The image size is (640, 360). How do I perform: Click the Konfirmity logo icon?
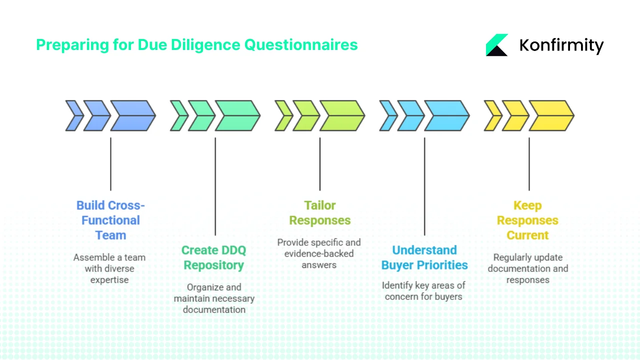496,45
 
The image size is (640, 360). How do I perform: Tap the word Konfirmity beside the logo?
561,45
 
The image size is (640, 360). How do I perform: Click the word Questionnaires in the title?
300,45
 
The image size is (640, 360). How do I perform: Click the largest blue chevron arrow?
132,115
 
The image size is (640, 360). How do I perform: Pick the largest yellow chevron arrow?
550,115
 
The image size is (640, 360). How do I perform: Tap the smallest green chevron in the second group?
178,115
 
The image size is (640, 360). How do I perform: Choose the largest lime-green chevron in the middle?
341,115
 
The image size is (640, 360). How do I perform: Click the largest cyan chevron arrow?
446,115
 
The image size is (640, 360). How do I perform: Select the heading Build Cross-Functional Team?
110,220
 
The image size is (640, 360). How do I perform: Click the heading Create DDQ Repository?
213,257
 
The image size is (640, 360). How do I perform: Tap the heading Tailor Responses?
320,213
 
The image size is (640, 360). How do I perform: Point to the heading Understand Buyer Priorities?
424,257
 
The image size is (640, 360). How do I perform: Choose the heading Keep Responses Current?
527,220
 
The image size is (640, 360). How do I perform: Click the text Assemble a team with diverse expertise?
109,268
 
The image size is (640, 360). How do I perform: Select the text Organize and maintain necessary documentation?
214,298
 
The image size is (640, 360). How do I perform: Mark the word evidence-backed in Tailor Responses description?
319,253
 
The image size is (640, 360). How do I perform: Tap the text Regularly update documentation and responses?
528,268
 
